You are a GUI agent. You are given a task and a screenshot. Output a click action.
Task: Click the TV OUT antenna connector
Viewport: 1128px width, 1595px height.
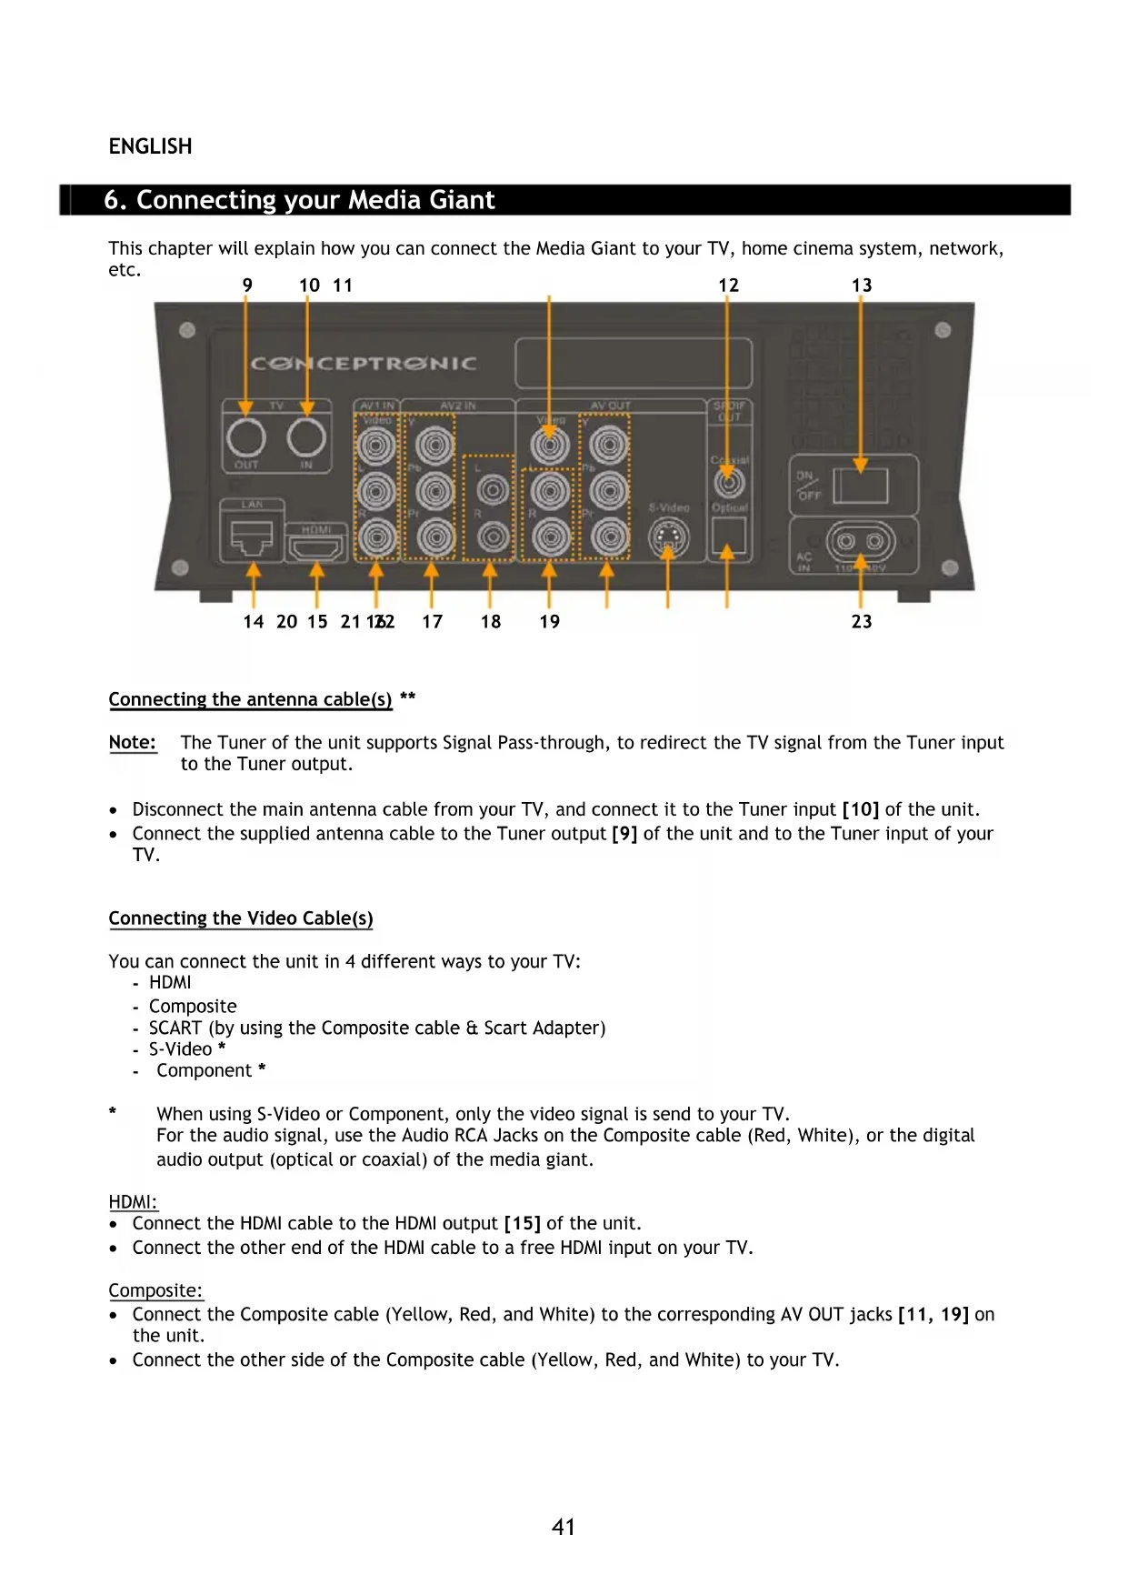click(245, 438)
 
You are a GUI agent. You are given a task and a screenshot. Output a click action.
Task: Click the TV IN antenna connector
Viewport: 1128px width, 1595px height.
click(306, 438)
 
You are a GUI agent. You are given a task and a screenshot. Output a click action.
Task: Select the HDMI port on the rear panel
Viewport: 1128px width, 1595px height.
click(315, 547)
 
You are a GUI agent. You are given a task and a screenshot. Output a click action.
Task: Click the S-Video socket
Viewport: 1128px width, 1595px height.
click(668, 539)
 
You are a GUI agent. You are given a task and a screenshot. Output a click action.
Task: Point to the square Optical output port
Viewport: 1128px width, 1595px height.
click(729, 536)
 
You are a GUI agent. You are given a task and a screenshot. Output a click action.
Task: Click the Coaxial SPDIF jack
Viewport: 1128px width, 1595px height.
click(729, 483)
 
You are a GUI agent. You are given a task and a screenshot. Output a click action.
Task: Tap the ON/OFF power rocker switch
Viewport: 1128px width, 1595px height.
click(860, 485)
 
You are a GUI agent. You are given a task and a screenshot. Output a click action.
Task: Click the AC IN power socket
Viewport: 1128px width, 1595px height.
click(860, 543)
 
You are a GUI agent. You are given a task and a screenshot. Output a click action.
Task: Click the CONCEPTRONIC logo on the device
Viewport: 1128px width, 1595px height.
click(364, 365)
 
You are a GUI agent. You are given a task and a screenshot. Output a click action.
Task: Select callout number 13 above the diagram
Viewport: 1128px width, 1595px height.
click(862, 286)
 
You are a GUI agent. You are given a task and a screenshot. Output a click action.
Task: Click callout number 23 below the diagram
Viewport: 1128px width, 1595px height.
click(862, 622)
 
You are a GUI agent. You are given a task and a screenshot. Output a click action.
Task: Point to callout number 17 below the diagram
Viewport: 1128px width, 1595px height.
click(433, 622)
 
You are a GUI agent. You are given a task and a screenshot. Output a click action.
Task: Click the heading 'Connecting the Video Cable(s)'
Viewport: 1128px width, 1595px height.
click(241, 918)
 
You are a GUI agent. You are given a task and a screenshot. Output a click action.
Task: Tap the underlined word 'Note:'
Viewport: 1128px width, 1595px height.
click(133, 743)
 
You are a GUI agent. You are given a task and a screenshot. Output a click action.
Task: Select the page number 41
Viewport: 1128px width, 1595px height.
click(564, 1528)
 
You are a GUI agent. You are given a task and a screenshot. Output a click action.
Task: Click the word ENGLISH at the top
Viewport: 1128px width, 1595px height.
click(151, 147)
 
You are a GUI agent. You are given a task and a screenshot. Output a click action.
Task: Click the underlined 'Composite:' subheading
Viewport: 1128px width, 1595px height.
click(155, 1291)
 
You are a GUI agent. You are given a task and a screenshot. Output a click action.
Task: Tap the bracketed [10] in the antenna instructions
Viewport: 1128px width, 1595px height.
click(861, 810)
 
